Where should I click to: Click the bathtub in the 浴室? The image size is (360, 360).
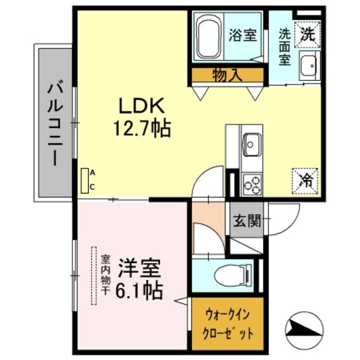[x=209, y=38]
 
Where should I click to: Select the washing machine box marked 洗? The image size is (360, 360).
[x=308, y=34]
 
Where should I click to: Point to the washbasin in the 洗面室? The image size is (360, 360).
[x=309, y=66]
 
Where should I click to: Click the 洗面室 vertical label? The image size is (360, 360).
[x=285, y=47]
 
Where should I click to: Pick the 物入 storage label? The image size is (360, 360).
[x=227, y=75]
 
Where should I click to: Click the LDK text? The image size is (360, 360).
[x=141, y=105]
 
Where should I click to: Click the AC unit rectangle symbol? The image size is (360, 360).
[x=85, y=181]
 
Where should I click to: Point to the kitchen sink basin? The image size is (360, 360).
[x=252, y=145]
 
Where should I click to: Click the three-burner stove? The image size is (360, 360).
[x=252, y=184]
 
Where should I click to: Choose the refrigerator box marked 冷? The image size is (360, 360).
[x=305, y=181]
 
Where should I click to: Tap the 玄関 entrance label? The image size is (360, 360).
[x=247, y=220]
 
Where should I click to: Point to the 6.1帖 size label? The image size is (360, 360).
[x=139, y=291]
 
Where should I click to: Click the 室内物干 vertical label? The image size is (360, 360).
[x=106, y=275]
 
